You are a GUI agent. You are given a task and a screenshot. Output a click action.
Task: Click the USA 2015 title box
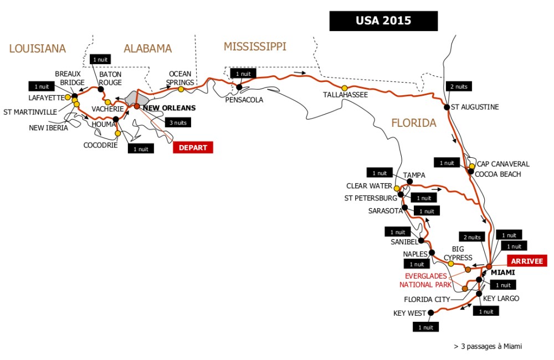pyautogui.click(x=383, y=21)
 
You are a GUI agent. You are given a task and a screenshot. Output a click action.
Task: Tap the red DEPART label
pyautogui.click(x=193, y=147)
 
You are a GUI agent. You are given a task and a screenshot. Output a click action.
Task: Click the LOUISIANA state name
pyautogui.click(x=37, y=49)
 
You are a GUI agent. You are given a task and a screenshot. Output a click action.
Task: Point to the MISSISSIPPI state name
pyautogui.click(x=255, y=47)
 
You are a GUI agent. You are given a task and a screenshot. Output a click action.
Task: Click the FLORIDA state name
pyautogui.click(x=414, y=123)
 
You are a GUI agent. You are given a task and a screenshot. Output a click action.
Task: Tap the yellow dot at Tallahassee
pyautogui.click(x=345, y=88)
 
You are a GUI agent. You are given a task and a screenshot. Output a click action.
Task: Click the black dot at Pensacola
pyautogui.click(x=239, y=87)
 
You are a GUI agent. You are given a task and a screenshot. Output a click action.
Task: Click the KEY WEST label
pyautogui.click(x=409, y=313)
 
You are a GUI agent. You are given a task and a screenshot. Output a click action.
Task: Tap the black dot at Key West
pyautogui.click(x=431, y=312)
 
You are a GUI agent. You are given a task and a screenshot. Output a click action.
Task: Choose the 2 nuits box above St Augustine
pyautogui.click(x=459, y=86)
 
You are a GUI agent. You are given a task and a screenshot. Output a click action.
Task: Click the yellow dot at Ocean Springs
pyautogui.click(x=181, y=89)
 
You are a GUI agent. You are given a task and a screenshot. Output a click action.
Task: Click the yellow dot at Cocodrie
pyautogui.click(x=118, y=133)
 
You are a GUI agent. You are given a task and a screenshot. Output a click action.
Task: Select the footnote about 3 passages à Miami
pyautogui.click(x=488, y=346)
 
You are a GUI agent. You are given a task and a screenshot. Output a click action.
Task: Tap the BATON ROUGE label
pyautogui.click(x=110, y=78)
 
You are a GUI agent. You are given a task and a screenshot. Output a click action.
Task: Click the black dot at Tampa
pyautogui.click(x=409, y=181)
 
